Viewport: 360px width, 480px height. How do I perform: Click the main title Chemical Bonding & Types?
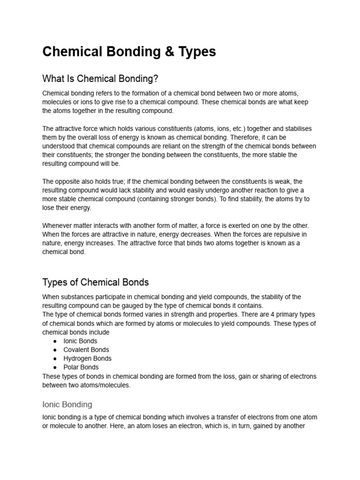pos(129,52)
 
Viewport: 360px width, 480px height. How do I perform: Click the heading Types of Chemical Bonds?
pos(96,282)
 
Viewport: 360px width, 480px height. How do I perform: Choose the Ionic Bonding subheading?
pos(67,404)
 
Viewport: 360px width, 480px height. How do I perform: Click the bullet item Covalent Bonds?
pos(86,350)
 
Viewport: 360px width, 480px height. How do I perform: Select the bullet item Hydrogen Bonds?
pos(88,359)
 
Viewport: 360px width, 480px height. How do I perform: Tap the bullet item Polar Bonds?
pos(81,367)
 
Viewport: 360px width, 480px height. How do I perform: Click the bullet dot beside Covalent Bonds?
pos(55,350)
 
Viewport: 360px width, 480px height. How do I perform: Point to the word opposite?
pos(67,181)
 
